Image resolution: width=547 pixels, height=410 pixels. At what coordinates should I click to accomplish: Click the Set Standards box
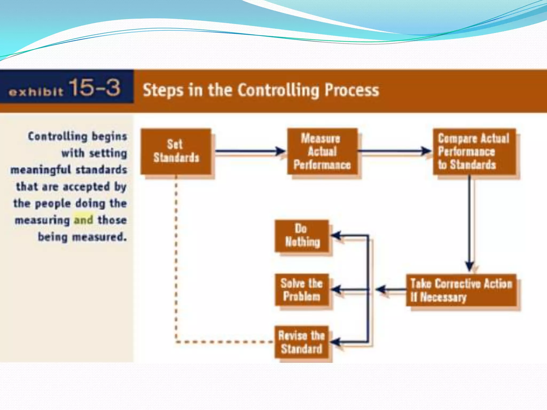(x=176, y=151)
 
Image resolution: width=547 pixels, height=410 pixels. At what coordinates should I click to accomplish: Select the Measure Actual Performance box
(x=322, y=151)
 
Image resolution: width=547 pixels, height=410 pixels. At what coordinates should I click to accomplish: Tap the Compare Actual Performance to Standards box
(x=474, y=151)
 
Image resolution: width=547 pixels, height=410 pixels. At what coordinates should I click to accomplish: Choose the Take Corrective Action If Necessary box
(x=461, y=290)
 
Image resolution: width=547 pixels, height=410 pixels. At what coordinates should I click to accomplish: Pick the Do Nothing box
(x=302, y=236)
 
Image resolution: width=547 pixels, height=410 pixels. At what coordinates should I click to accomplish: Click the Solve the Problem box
(x=302, y=290)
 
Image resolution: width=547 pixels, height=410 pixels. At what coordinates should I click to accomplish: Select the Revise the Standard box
(x=302, y=342)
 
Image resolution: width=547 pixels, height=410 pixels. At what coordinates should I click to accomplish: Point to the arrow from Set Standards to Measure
(x=250, y=151)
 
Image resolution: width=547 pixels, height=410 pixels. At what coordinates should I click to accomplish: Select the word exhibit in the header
(x=36, y=92)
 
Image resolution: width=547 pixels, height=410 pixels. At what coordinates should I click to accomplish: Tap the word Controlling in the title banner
(x=279, y=90)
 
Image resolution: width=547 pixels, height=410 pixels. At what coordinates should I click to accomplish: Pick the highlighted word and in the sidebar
(x=84, y=220)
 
